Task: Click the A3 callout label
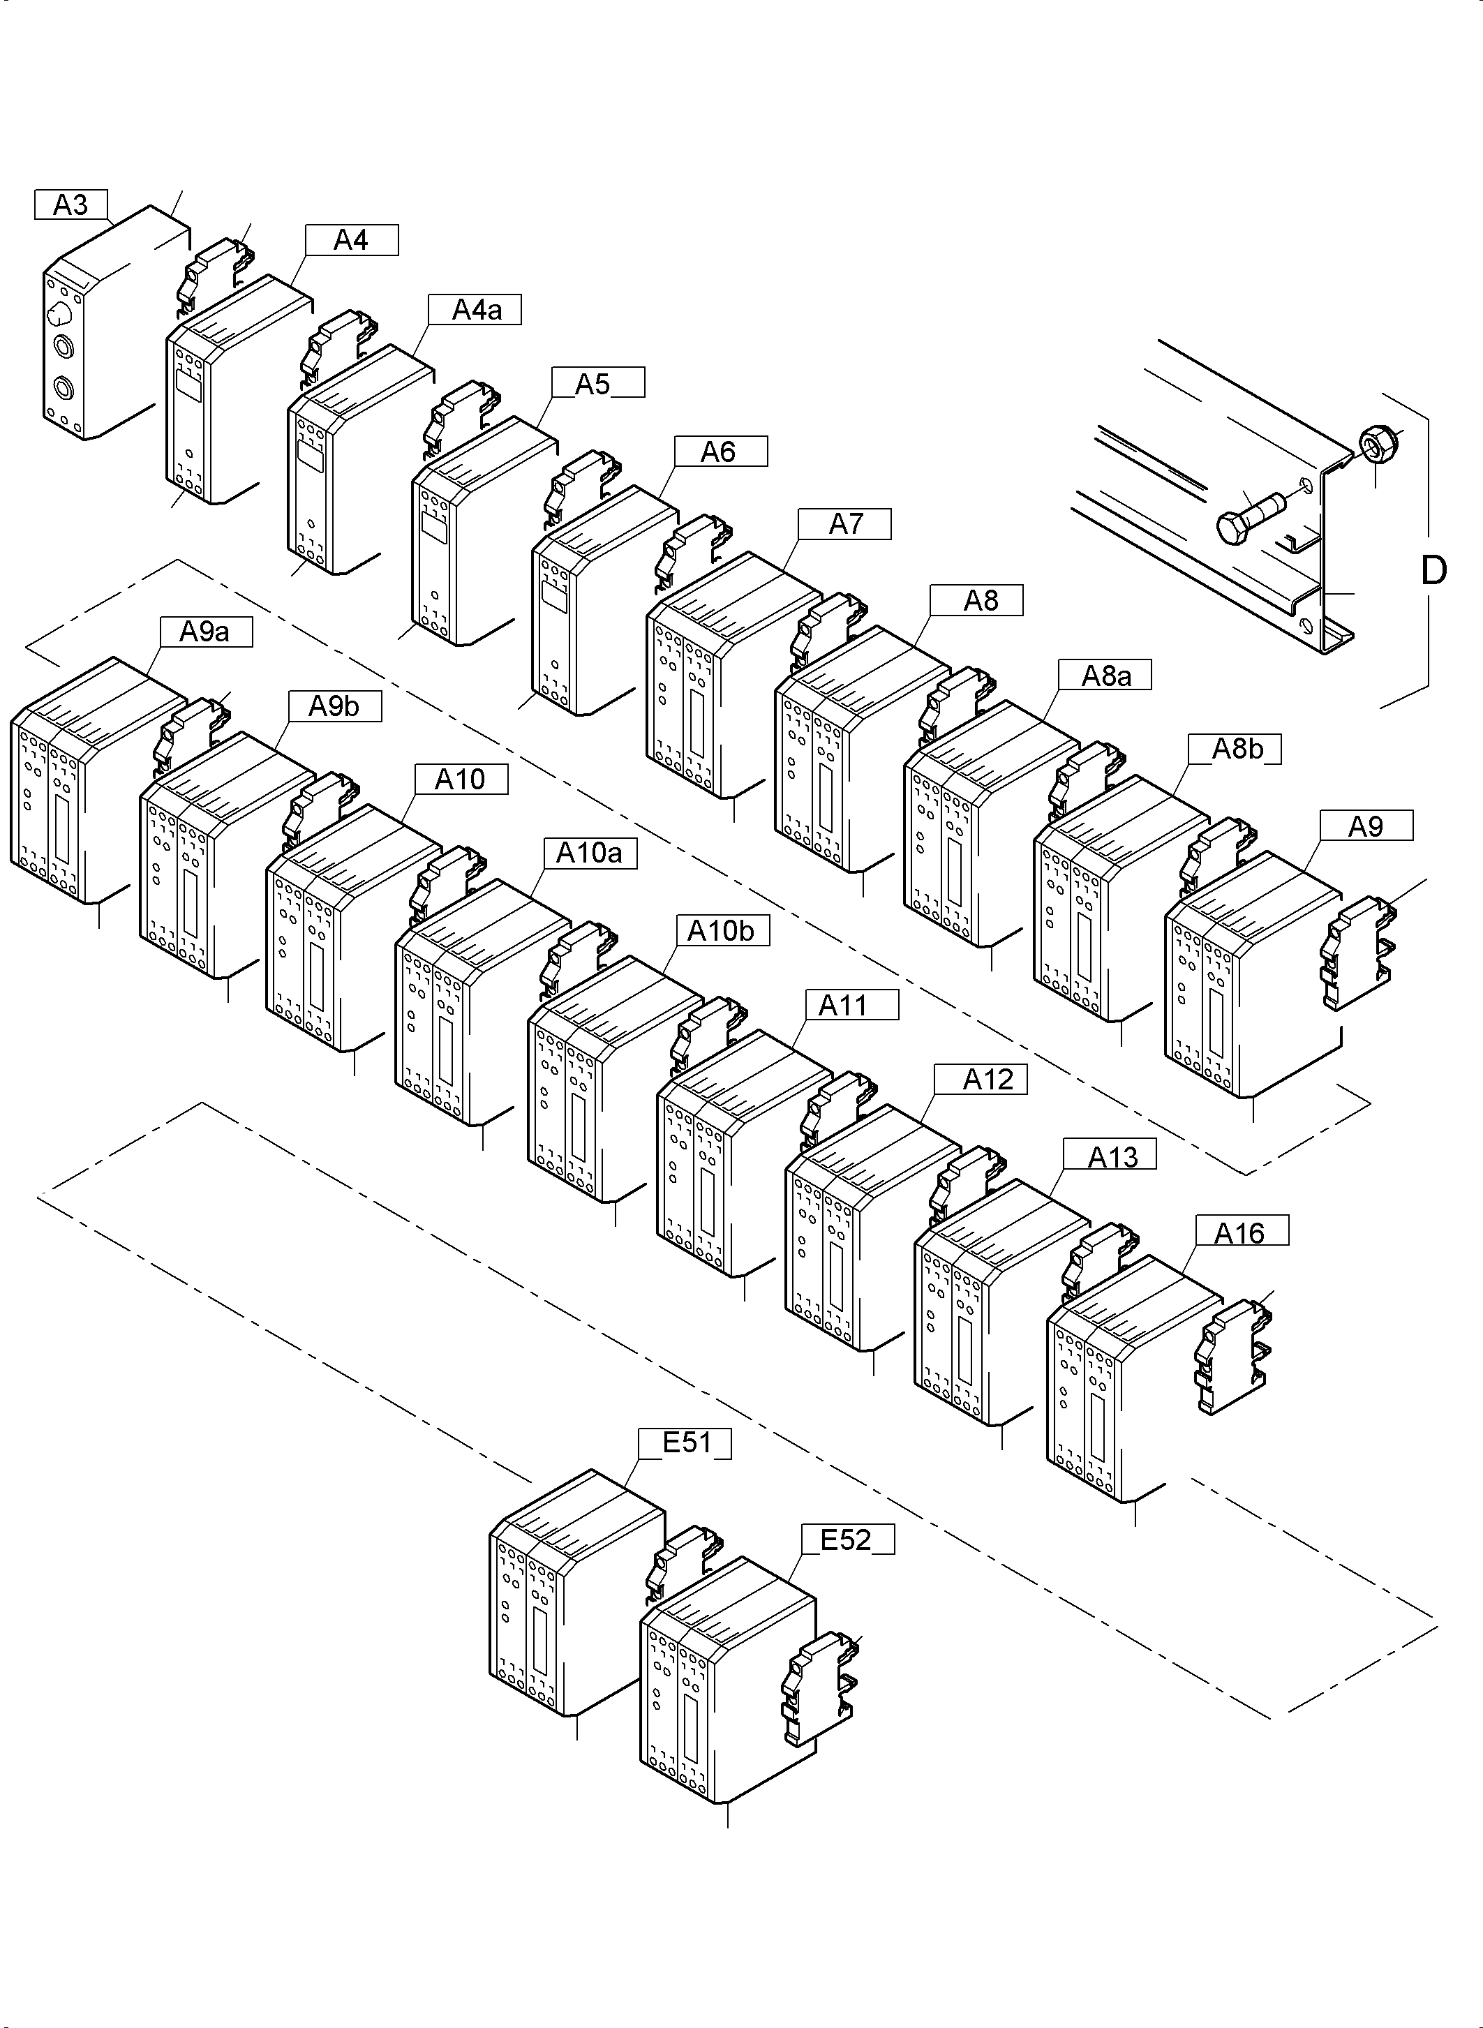72,204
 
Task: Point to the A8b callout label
1235,749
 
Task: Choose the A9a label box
207,632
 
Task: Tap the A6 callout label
721,452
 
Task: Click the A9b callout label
335,706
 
